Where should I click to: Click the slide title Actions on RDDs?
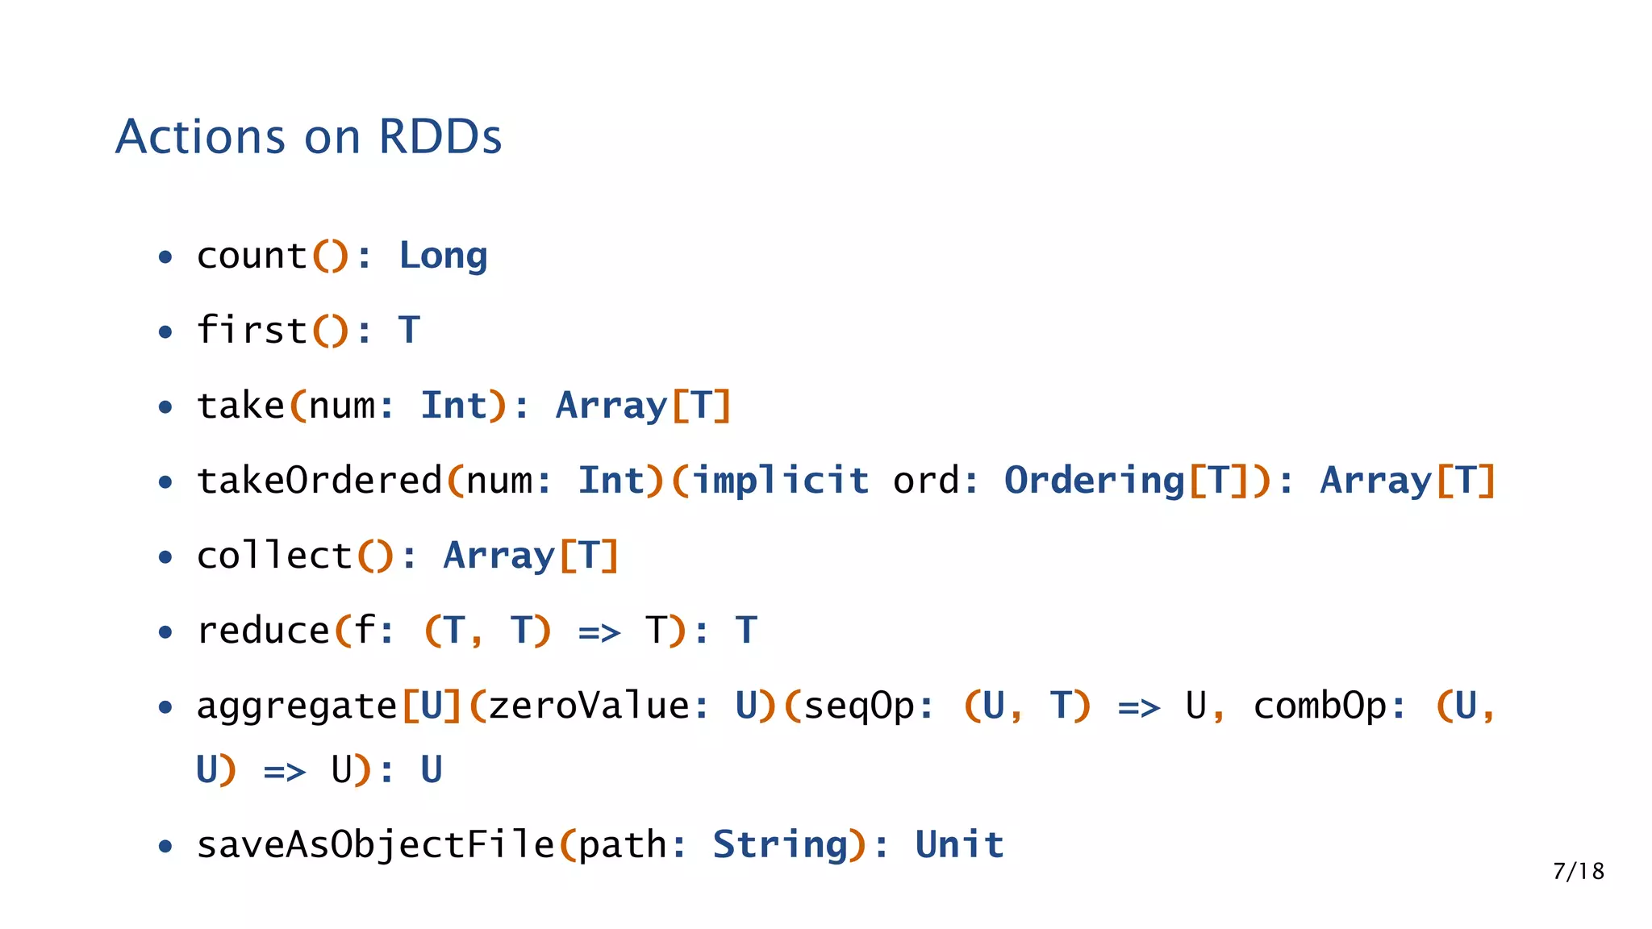308,136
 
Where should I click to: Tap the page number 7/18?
1578,871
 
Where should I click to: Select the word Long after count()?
443,256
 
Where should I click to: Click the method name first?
252,331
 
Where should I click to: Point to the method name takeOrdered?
319,481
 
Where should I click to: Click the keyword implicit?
781,481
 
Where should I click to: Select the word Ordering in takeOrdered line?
1094,481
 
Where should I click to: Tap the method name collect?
274,556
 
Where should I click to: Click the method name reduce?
263,631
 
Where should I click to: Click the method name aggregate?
297,707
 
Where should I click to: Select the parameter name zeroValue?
588,706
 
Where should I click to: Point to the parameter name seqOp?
858,707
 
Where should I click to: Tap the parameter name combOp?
1320,706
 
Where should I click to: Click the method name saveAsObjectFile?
375,845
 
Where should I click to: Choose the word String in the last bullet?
780,846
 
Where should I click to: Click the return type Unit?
959,845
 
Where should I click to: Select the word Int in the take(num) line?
453,406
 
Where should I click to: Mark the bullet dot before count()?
165,258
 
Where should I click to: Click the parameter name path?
622,846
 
